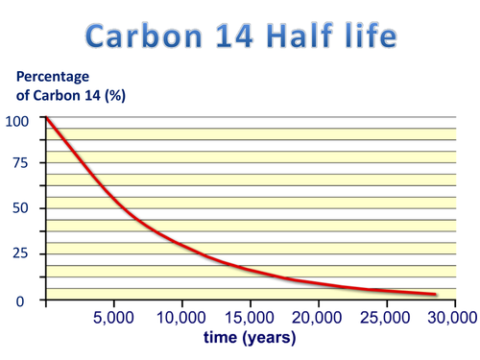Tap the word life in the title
point(372,36)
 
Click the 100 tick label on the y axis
point(17,121)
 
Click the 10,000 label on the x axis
point(181,318)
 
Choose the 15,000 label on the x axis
point(250,318)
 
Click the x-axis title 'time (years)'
point(251,338)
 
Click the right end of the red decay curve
point(436,295)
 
